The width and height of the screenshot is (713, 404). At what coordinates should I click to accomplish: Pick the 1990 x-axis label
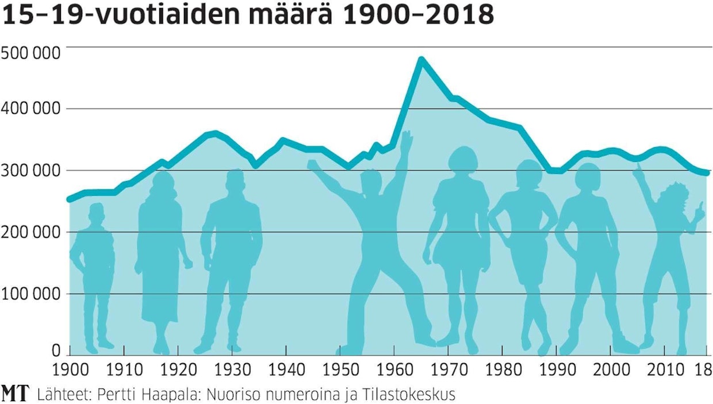coord(556,368)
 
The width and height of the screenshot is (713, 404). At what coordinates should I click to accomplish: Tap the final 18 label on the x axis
coord(703,368)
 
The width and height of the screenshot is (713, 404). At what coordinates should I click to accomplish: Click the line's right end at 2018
coord(707,173)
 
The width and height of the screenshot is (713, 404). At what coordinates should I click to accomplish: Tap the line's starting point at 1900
coord(69,199)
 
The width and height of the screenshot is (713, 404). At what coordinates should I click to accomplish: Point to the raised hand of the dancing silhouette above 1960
coord(407,140)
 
